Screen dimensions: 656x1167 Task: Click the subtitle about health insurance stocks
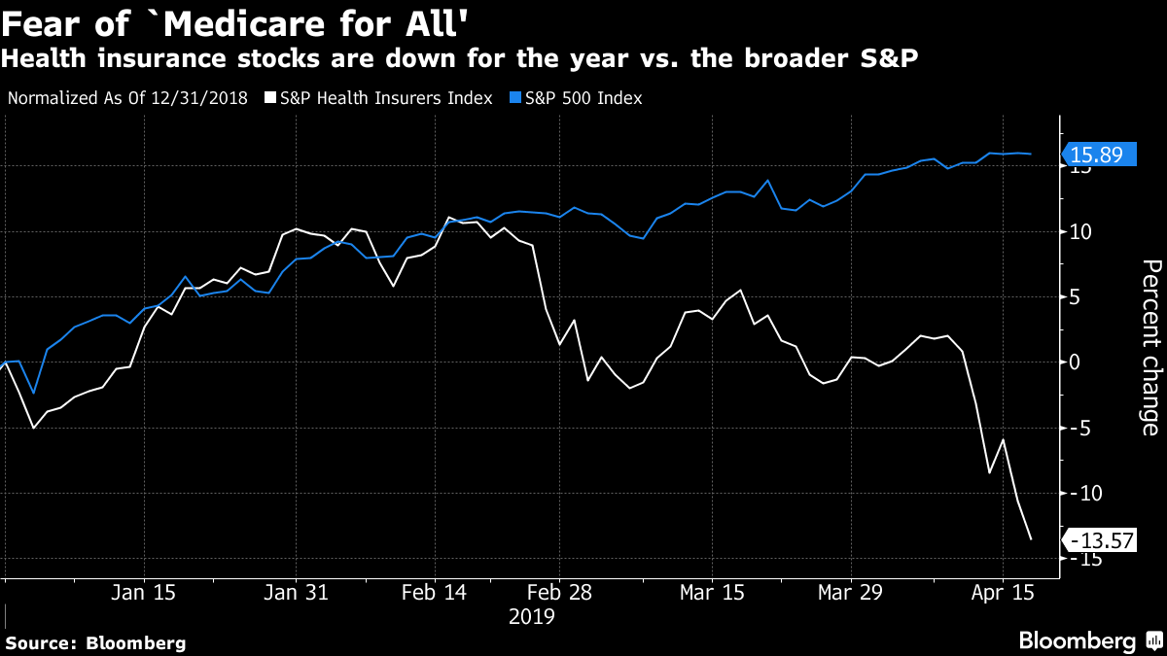(x=461, y=59)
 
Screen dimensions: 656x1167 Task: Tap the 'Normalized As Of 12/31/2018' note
(x=127, y=98)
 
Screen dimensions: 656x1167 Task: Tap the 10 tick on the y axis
(x=1081, y=232)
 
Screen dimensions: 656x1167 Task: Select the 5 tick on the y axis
(x=1076, y=297)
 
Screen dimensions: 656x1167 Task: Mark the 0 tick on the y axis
(x=1076, y=363)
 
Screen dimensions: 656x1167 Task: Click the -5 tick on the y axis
(x=1079, y=428)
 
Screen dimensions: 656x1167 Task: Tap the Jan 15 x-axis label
(x=144, y=592)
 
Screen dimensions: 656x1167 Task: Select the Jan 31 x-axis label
(x=297, y=592)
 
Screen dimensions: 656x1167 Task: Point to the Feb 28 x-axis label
(x=559, y=592)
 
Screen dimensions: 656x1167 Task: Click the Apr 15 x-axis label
(x=1002, y=592)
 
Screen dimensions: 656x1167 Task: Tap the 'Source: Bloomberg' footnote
(x=95, y=642)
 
